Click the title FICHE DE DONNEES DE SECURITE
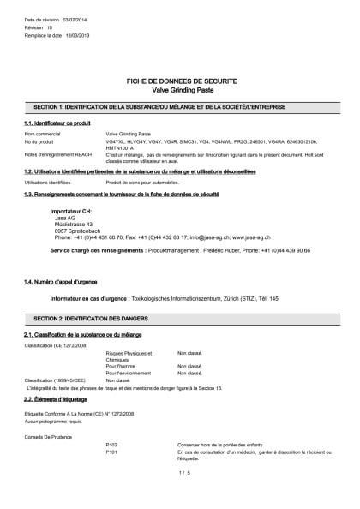180,81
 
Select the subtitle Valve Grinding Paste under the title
180,89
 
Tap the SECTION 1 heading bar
180,107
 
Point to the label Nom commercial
42,135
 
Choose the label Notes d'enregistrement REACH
56,155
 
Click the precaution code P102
111,445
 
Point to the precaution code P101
111,452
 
